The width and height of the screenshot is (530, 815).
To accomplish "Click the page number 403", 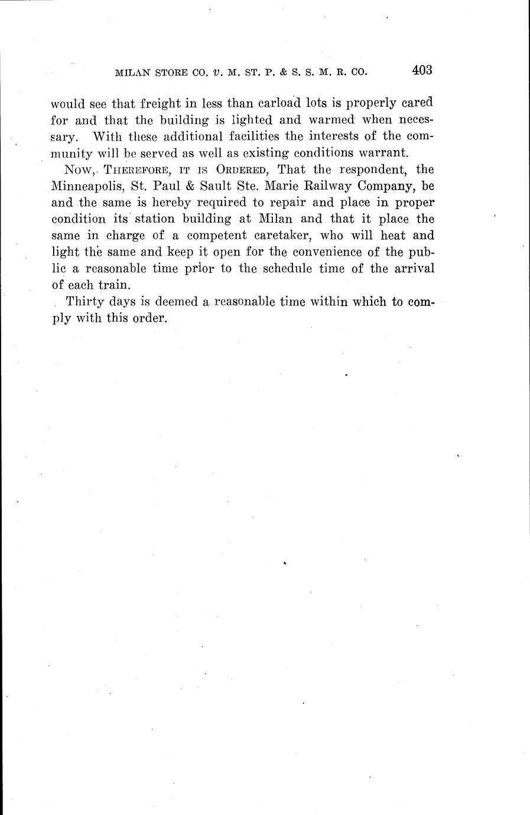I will click(x=423, y=70).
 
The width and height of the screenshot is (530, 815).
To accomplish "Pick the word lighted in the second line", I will click(x=242, y=120).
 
